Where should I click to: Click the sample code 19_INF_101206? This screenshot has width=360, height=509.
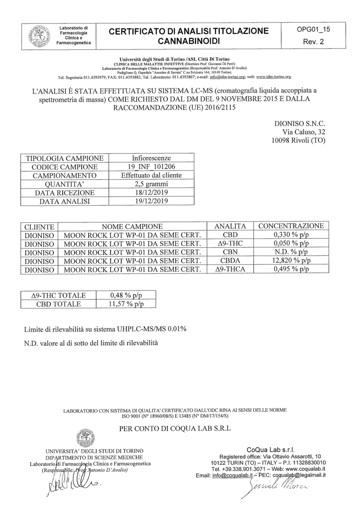(151, 167)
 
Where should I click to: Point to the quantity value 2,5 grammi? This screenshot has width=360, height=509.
(151, 184)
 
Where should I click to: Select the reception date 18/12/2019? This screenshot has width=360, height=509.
(151, 193)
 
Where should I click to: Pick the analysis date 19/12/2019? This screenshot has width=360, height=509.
(151, 201)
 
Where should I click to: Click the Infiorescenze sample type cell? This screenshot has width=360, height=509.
(151, 158)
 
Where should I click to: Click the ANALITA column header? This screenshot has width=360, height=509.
(230, 226)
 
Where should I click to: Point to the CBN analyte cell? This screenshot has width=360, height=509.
(230, 252)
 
